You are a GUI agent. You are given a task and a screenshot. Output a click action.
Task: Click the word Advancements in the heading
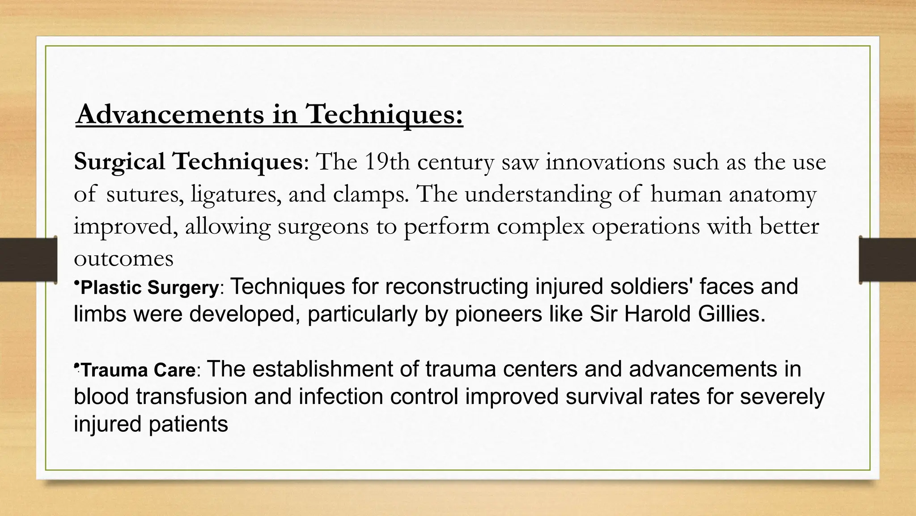pos(170,114)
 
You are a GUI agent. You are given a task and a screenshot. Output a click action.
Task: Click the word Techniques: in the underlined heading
pos(384,114)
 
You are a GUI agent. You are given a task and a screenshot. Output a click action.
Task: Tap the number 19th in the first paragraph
pos(386,162)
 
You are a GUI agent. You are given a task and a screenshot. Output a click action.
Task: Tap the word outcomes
pos(123,258)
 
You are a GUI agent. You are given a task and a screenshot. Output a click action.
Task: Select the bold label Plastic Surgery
pos(149,288)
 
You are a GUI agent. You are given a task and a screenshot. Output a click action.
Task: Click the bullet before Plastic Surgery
pos(76,283)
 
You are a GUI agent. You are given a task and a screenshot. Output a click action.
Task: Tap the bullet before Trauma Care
pos(76,366)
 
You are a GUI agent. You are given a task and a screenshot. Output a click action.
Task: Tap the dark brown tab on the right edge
pos(888,260)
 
